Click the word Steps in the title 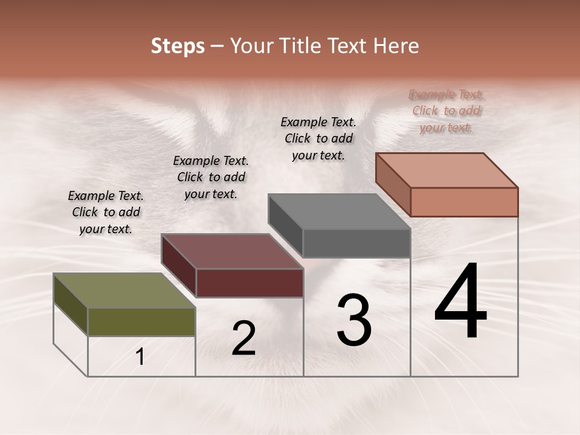pyautogui.click(x=178, y=46)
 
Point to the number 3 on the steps pyautogui.click(x=354, y=320)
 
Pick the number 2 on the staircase pyautogui.click(x=243, y=338)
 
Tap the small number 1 pyautogui.click(x=140, y=357)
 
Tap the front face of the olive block pyautogui.click(x=141, y=321)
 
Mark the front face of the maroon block pyautogui.click(x=250, y=283)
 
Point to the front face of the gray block pyautogui.click(x=356, y=243)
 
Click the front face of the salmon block pyautogui.click(x=464, y=202)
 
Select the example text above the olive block pyautogui.click(x=106, y=212)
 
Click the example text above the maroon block pyautogui.click(x=211, y=177)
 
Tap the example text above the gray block pyautogui.click(x=318, y=138)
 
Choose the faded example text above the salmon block pyautogui.click(x=446, y=111)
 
